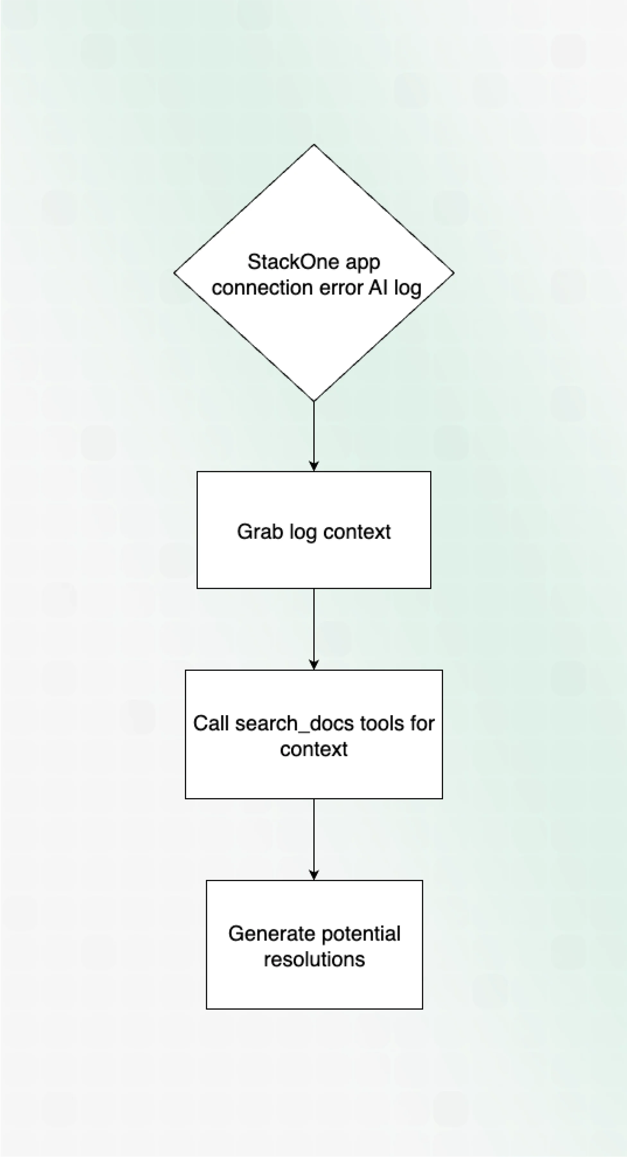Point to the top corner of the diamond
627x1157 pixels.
point(313,145)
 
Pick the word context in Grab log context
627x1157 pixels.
point(357,532)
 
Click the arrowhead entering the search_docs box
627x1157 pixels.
point(313,664)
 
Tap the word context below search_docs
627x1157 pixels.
point(313,749)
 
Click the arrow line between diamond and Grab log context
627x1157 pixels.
point(313,431)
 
